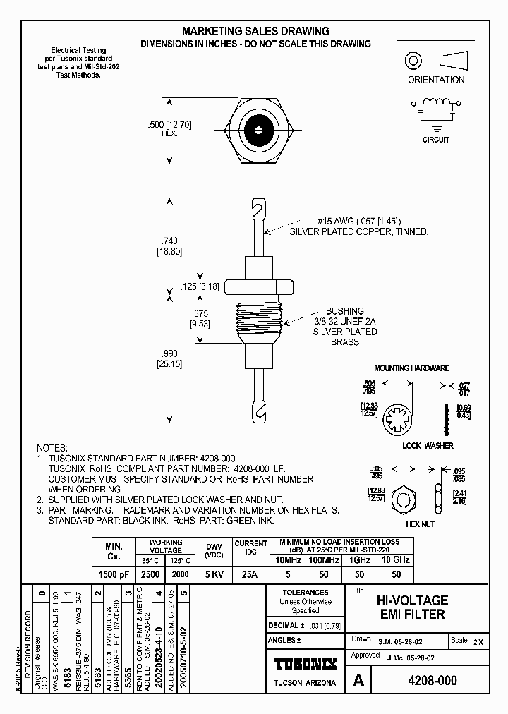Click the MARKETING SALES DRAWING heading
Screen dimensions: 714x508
pos(255,31)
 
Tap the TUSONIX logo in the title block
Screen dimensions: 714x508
pos(305,664)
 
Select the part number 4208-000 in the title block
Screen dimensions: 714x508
pos(433,681)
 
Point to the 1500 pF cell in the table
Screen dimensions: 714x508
pos(114,575)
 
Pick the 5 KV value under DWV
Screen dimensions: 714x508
pos(214,575)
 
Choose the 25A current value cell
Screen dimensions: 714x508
pos(250,575)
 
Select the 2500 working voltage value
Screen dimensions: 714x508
pos(150,575)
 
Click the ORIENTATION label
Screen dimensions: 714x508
pos(436,80)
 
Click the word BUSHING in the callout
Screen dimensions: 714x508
pos(344,311)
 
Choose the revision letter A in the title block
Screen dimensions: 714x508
pos(358,680)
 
